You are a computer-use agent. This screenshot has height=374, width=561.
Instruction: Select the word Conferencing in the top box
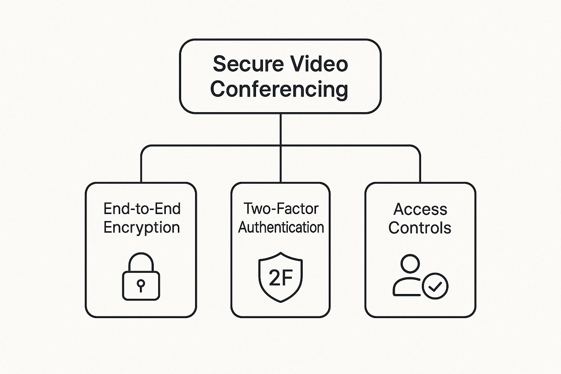pyautogui.click(x=279, y=89)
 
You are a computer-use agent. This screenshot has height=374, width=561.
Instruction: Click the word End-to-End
pyautogui.click(x=142, y=209)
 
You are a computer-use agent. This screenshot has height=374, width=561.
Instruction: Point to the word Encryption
pyautogui.click(x=142, y=228)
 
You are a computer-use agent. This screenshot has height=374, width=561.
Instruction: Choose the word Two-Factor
pyautogui.click(x=281, y=209)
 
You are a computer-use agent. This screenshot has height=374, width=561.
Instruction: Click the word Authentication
pyautogui.click(x=281, y=228)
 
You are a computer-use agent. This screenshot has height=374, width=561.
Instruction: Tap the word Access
pyautogui.click(x=420, y=209)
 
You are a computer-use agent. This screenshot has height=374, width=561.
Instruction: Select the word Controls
pyautogui.click(x=420, y=228)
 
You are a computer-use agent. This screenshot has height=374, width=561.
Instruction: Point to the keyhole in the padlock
pyautogui.click(x=141, y=284)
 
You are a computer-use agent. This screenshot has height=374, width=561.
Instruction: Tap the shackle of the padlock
pyautogui.click(x=141, y=261)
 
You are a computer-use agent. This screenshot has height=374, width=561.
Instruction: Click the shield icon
pyautogui.click(x=280, y=277)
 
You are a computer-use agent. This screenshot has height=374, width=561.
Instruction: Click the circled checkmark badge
pyautogui.click(x=435, y=286)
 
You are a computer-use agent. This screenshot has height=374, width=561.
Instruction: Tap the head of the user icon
pyautogui.click(x=410, y=264)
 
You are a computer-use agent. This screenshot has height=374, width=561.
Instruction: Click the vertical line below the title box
pyautogui.click(x=280, y=130)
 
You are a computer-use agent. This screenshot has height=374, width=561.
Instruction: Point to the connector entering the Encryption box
pyautogui.click(x=141, y=168)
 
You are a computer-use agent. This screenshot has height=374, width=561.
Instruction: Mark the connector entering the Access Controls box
pyautogui.click(x=420, y=168)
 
